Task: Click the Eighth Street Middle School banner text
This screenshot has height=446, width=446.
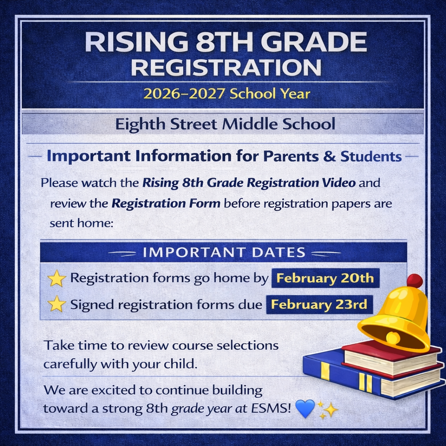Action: point(225,125)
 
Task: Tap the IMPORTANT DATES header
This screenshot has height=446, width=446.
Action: point(224,252)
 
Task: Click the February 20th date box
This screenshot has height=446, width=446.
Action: point(325,278)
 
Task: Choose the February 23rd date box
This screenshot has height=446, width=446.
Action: point(319,304)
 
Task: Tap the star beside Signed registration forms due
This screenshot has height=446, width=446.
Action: point(57,304)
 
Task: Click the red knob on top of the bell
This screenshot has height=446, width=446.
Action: point(415,281)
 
